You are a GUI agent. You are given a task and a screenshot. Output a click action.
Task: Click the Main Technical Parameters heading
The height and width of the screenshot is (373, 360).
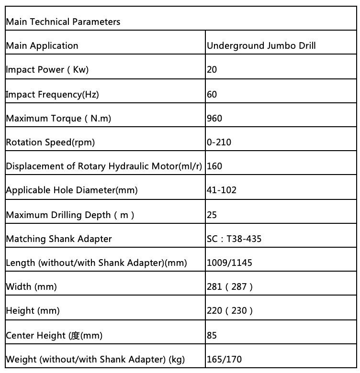63,22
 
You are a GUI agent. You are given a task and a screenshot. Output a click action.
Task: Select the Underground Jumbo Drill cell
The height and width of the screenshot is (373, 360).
261,46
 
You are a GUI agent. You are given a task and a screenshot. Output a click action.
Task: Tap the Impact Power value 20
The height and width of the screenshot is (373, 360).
212,70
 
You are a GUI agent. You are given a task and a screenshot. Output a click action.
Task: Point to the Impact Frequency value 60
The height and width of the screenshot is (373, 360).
212,94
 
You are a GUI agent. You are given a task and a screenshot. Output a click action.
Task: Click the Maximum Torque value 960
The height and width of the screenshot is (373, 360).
214,118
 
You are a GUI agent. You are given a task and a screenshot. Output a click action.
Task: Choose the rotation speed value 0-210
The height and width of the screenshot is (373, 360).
218,142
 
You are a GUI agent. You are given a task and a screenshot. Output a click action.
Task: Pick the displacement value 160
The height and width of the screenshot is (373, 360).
214,166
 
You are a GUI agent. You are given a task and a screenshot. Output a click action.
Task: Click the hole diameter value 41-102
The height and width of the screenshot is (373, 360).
222,190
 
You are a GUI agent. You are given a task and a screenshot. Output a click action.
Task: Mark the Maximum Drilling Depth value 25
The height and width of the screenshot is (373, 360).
212,215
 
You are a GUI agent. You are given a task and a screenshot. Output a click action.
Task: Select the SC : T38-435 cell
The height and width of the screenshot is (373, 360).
234,239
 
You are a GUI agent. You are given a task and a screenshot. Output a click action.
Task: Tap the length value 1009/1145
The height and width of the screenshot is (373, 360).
229,263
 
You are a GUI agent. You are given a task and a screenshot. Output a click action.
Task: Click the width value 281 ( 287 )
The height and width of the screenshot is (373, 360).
230,287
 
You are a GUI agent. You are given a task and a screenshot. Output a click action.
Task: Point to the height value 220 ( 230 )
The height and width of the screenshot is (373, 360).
230,311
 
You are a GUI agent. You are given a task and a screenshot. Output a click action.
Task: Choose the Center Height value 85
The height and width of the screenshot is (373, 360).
212,335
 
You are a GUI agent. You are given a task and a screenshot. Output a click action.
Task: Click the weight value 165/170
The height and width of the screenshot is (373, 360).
224,359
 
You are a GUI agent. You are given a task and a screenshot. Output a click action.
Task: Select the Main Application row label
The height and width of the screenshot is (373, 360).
42,46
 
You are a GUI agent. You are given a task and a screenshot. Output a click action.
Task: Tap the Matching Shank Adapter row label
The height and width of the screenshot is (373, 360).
59,239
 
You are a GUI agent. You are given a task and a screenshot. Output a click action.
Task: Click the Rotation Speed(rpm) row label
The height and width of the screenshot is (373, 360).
50,142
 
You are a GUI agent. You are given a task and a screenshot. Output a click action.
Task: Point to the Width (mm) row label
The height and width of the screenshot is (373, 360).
32,287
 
